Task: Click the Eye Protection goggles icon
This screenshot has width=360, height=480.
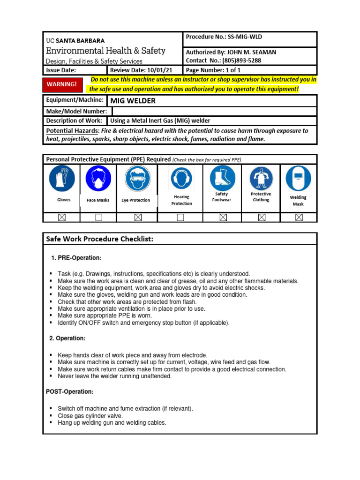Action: coord(137,179)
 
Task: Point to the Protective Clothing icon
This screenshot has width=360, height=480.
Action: coord(261,178)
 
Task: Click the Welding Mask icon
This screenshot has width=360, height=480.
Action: coord(298,178)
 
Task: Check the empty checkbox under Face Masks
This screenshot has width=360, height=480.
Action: coord(98,217)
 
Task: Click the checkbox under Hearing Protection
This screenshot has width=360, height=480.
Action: coord(180,217)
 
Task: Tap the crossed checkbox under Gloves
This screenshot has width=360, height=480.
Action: coord(62,217)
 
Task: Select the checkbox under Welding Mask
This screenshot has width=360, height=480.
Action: coord(299,217)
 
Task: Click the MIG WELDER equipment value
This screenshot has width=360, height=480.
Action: coord(133,101)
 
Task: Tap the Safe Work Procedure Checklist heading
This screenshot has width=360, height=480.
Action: coord(99,239)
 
